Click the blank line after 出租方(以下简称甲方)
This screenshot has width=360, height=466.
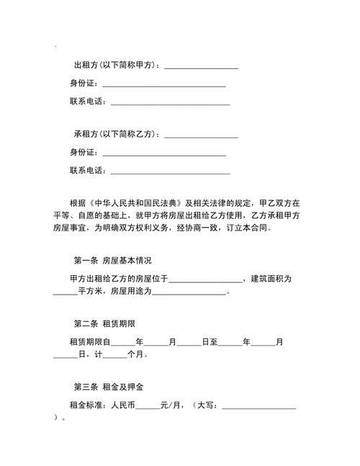click(x=201, y=68)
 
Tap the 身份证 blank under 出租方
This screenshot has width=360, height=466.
click(x=164, y=86)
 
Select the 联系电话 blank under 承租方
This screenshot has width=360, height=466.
click(x=169, y=173)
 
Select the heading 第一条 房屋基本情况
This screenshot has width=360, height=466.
click(x=113, y=261)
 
